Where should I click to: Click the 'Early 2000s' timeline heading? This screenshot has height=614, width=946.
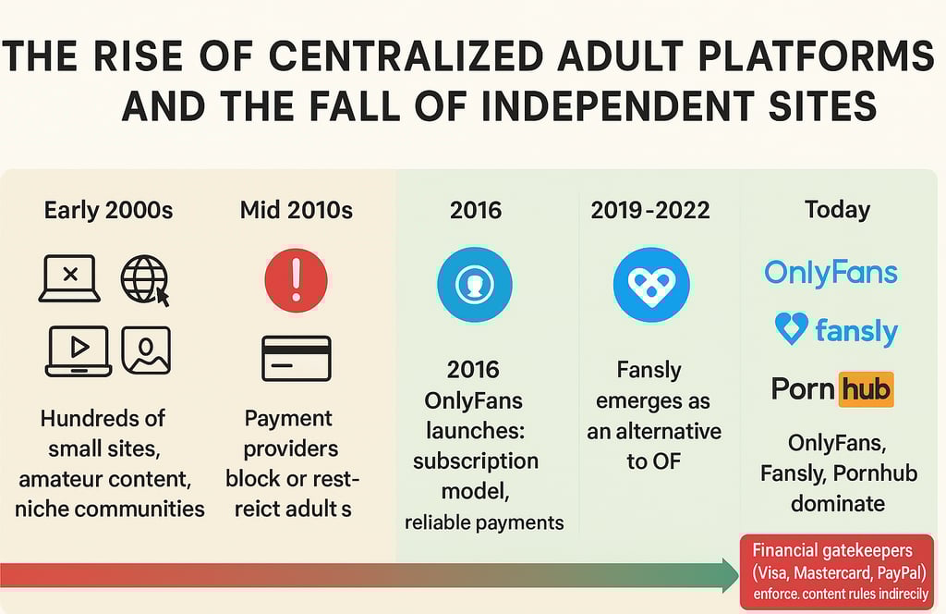(108, 210)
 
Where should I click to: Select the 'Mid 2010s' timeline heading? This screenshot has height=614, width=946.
(296, 210)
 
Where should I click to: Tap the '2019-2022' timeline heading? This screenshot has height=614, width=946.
(650, 210)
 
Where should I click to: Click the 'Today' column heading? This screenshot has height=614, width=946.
(838, 210)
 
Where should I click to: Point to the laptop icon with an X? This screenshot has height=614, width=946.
(69, 278)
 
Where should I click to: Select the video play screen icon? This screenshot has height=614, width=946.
(79, 350)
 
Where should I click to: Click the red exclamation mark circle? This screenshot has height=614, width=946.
(296, 280)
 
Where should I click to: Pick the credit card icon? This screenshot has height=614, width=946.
(296, 359)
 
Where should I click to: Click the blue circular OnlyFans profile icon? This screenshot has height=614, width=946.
(474, 284)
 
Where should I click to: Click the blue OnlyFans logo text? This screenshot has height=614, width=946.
(831, 273)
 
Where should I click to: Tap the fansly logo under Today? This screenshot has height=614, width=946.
(836, 330)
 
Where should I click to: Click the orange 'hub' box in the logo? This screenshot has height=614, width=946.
(866, 389)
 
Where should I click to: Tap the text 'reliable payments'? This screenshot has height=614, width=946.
(484, 522)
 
